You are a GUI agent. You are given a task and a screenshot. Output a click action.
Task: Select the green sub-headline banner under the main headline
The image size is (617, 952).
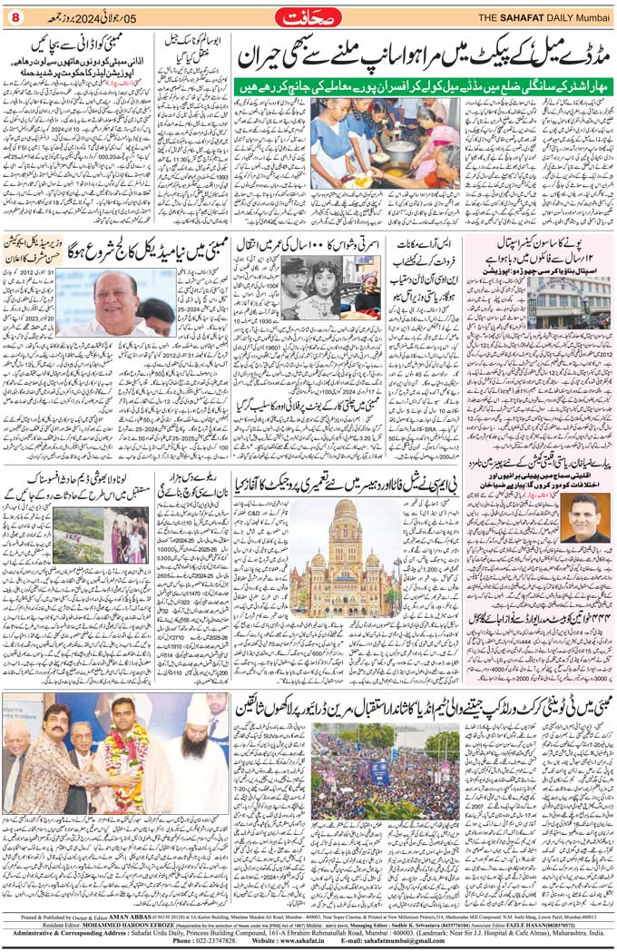pyautogui.click(x=418, y=87)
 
